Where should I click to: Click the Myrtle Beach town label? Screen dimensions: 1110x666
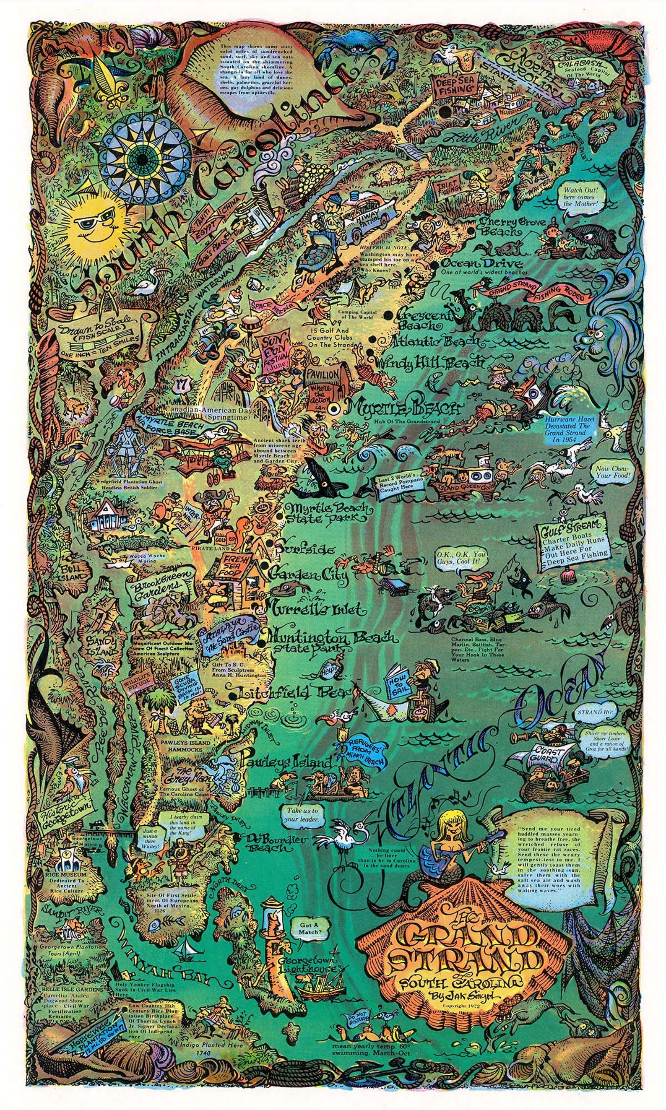404,408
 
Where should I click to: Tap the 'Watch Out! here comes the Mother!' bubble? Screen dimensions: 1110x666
579,197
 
